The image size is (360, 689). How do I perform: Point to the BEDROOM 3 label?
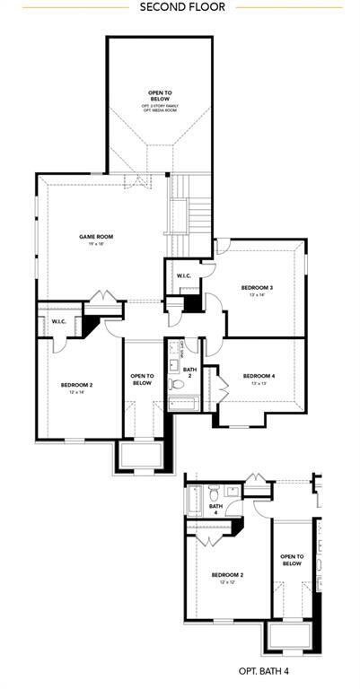coord(257,287)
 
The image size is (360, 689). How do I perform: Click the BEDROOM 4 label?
coord(258,375)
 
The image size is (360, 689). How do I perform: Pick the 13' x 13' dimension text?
coord(258,383)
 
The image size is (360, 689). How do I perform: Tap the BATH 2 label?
coord(189,372)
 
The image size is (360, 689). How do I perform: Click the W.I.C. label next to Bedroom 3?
coord(183,275)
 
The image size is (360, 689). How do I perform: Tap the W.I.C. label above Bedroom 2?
coord(59,321)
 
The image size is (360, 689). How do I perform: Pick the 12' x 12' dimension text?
coord(227,582)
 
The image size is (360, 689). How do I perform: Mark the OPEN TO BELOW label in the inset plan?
coord(292,560)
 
